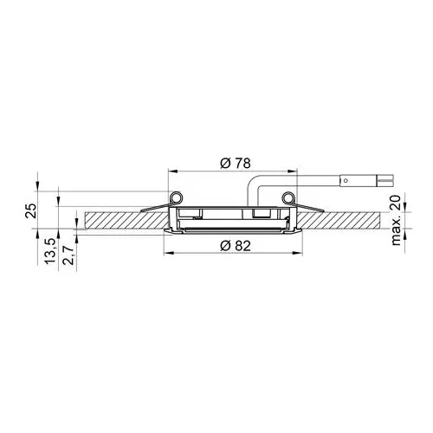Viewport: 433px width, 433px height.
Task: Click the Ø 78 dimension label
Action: [236, 164]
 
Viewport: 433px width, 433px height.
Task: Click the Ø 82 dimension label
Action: [236, 246]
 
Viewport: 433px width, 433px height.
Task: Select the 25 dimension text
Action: [32, 210]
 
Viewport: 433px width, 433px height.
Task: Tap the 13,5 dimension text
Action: [49, 250]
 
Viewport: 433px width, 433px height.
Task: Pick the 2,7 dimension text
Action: [69, 255]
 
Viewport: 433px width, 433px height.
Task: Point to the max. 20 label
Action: [396, 220]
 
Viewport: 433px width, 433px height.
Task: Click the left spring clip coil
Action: [176, 198]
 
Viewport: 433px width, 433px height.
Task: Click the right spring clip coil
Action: [288, 198]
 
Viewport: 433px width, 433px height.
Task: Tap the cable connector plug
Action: [367, 181]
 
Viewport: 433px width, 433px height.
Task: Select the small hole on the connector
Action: [346, 181]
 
